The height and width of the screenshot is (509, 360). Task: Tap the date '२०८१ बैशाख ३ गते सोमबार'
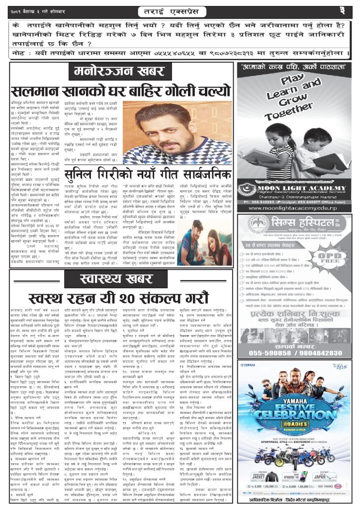point(40,11)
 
